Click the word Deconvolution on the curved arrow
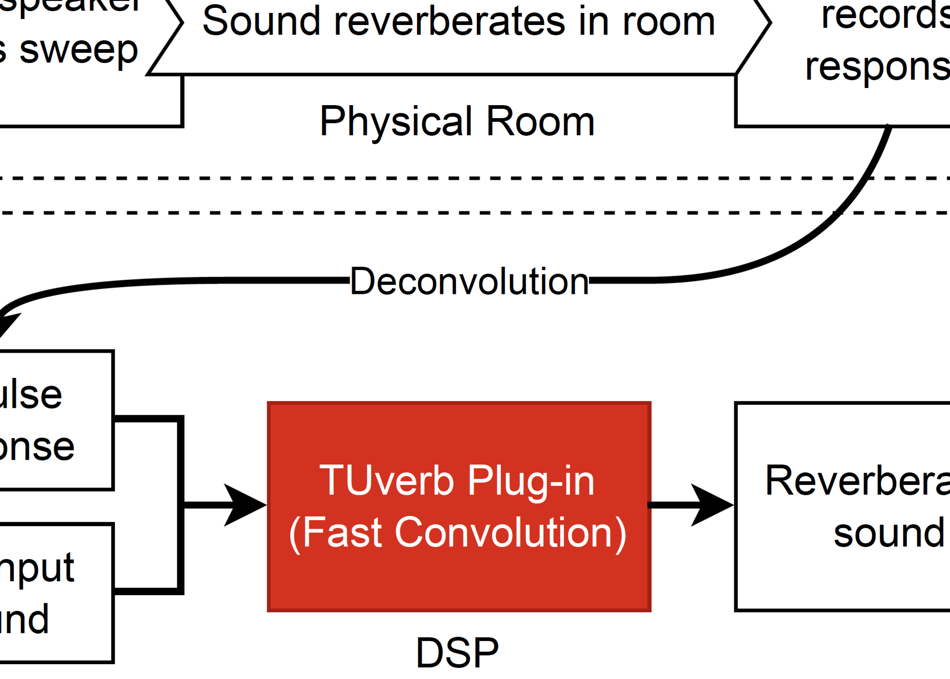tap(469, 281)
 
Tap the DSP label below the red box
tap(457, 653)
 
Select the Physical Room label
tap(457, 121)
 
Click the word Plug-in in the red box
tap(531, 482)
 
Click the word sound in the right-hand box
tap(889, 533)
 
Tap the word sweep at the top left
tap(78, 51)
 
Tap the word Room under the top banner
tap(540, 121)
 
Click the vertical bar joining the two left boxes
tap(180, 505)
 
